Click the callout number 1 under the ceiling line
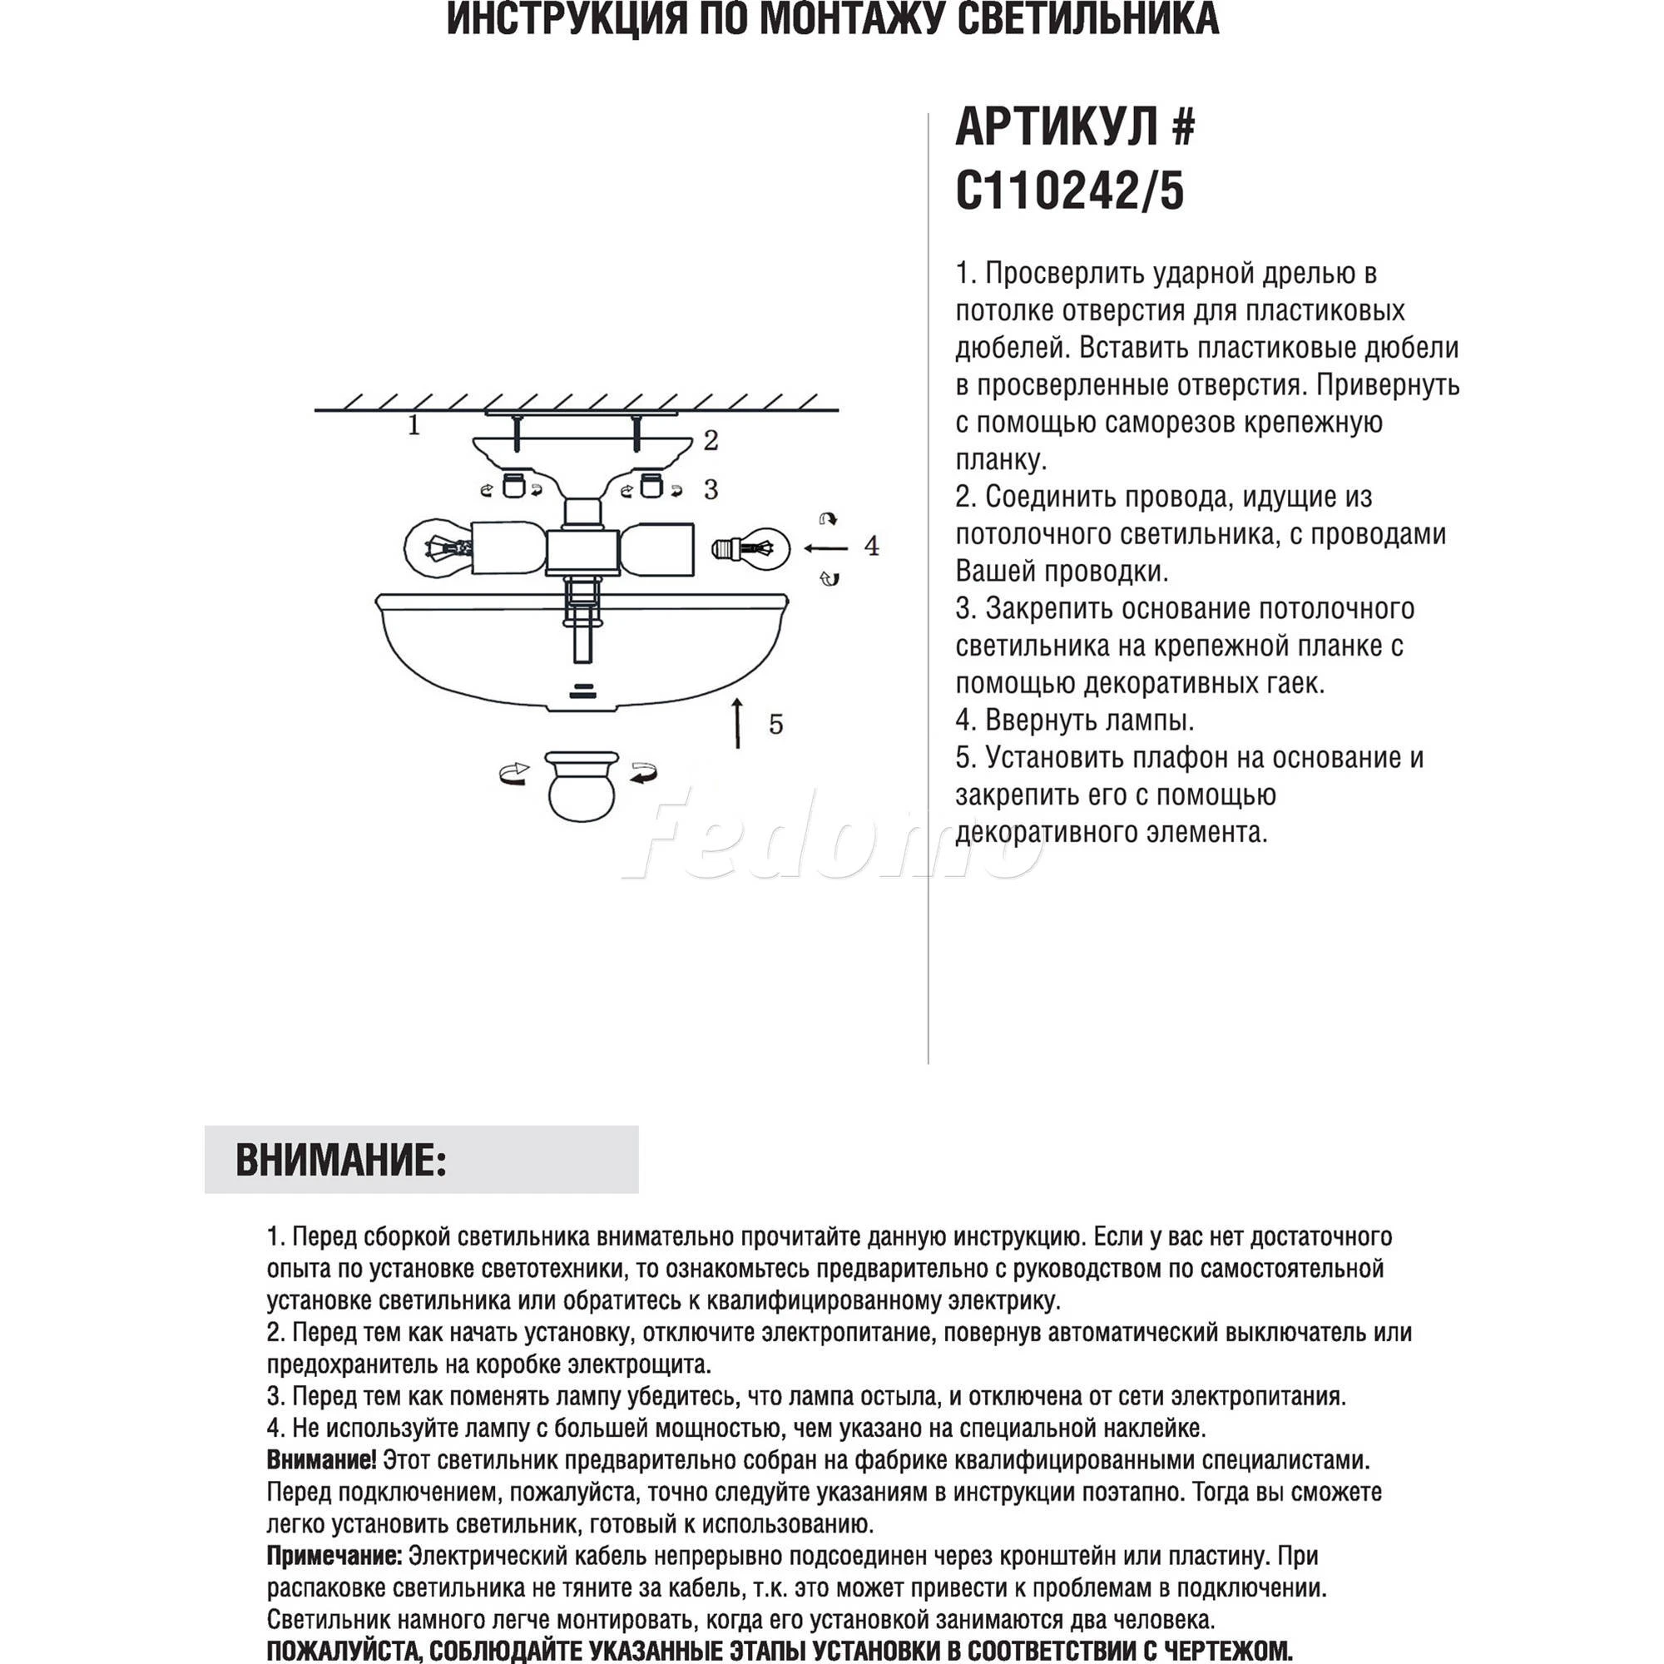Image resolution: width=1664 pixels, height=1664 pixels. tap(414, 424)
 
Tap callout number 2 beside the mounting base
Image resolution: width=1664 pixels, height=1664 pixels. tap(711, 440)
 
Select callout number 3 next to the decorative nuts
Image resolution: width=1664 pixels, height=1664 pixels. tap(711, 489)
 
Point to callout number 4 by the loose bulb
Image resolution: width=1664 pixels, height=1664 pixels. tap(872, 546)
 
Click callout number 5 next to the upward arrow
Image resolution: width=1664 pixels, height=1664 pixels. tap(776, 725)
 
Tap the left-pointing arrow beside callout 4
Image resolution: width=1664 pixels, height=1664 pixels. tap(825, 547)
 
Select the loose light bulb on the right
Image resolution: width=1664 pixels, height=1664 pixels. tap(750, 547)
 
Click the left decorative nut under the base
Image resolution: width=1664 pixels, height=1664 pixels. tap(513, 486)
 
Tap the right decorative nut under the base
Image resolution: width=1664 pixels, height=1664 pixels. tap(651, 486)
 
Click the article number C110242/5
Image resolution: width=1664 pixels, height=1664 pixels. tap(1070, 191)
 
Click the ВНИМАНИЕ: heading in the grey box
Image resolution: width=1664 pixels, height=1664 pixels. tap(341, 1160)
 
